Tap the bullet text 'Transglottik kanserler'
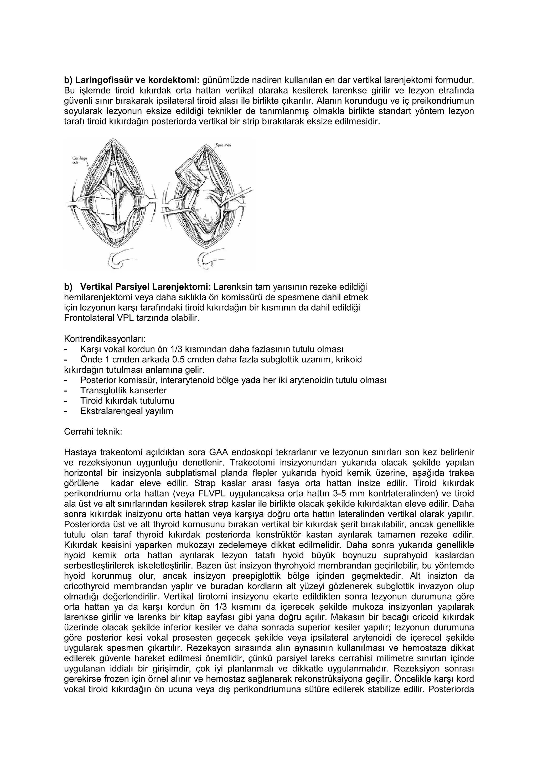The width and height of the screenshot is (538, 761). coord(123,390)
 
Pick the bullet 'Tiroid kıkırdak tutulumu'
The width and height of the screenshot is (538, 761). coord(127,401)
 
